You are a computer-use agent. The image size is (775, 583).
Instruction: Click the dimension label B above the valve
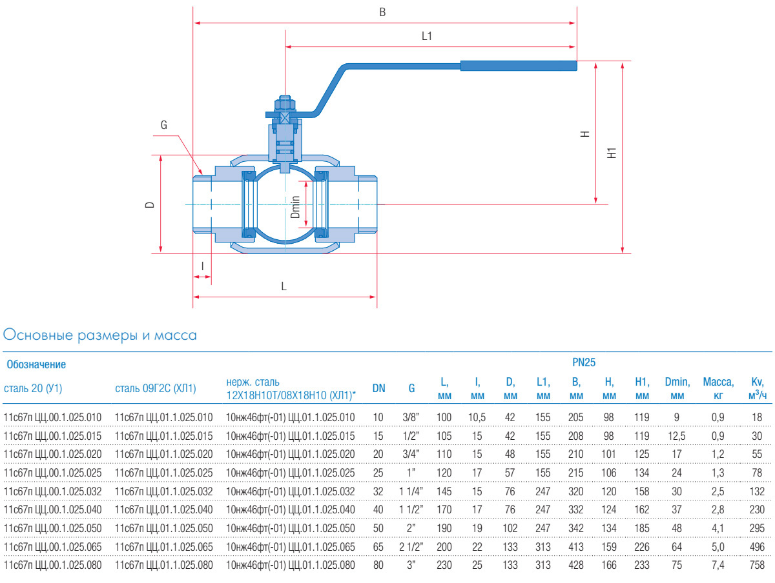point(382,12)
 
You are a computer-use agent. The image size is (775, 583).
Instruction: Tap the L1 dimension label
point(426,37)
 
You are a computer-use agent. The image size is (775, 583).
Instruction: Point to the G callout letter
point(163,125)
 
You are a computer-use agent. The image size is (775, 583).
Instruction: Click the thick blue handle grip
point(518,65)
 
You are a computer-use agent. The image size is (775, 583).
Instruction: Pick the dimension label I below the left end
point(202,266)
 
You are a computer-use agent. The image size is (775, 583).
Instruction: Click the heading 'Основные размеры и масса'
point(100,335)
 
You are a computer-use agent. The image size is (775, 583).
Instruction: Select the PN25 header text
point(583,363)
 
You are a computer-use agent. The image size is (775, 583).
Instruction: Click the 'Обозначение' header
point(36,364)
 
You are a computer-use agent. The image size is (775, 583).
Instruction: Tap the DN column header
point(379,388)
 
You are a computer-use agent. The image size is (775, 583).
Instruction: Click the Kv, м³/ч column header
point(757,388)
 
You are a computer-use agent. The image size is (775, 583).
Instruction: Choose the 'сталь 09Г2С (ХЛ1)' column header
point(155,388)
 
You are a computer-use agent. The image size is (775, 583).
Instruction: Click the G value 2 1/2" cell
point(411,547)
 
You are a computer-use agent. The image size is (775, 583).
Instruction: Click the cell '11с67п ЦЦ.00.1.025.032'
point(52,491)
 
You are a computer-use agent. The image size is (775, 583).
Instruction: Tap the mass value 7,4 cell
point(718,566)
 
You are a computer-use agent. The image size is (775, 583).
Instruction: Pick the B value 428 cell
point(575,566)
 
